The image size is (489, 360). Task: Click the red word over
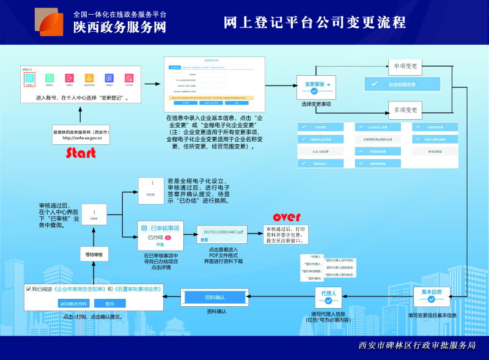click(287, 217)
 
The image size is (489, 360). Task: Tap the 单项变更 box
click(405, 67)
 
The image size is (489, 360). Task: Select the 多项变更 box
click(405, 110)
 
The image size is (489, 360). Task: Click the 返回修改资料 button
click(74, 303)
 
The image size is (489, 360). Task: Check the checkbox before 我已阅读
click(28, 288)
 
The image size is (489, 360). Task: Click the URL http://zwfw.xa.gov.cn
click(82, 139)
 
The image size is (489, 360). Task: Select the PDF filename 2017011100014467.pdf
click(223, 233)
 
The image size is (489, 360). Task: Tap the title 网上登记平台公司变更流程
click(315, 23)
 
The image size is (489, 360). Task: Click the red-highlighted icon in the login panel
click(30, 79)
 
